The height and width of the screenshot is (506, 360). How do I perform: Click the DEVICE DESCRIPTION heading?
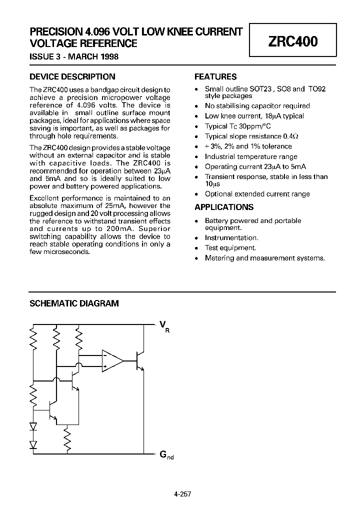(x=72, y=77)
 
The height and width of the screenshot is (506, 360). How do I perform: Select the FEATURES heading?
(x=215, y=77)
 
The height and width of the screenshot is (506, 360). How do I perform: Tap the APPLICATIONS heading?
(x=223, y=207)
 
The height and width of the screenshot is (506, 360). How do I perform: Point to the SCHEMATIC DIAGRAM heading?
(x=74, y=303)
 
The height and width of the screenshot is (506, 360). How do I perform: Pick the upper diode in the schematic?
(x=34, y=426)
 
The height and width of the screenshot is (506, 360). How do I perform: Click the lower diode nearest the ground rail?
(x=34, y=444)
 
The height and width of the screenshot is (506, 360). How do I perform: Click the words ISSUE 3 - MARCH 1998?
(x=74, y=56)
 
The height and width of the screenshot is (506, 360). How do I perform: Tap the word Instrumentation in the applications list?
(x=231, y=238)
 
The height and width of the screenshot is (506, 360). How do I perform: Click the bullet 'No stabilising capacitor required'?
(x=257, y=106)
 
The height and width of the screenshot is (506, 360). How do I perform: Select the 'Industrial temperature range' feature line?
(x=251, y=156)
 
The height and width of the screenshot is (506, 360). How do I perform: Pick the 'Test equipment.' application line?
(x=230, y=248)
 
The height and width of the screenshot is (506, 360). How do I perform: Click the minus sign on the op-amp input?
(x=105, y=355)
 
